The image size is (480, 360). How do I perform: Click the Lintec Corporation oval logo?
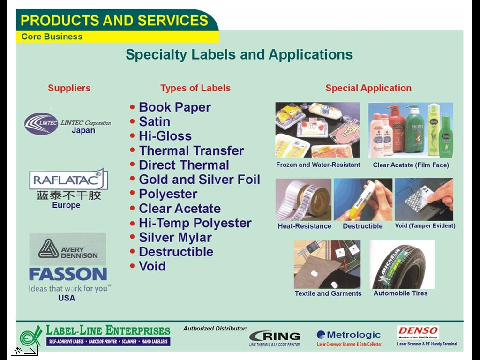tap(41, 123)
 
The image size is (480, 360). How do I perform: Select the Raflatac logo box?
tap(68, 180)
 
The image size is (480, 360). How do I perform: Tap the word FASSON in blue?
tap(68, 274)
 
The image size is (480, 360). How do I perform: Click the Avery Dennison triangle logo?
tap(48, 248)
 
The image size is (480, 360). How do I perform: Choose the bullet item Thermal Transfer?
tap(191, 151)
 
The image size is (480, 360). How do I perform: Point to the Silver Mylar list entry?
tap(175, 238)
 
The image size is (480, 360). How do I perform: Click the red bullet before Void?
tap(133, 266)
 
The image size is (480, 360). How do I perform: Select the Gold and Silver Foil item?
tap(199, 180)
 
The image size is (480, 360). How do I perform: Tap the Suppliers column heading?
tap(69, 88)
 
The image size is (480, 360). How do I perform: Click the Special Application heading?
tap(368, 88)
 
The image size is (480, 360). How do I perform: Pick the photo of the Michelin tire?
tap(402, 265)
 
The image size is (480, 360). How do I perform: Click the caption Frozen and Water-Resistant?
tap(318, 165)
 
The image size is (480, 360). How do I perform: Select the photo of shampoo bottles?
tap(411, 130)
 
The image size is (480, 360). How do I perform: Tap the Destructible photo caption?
tap(362, 226)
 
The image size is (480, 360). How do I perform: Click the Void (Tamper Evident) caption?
tap(425, 226)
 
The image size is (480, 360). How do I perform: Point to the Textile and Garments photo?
tap(327, 265)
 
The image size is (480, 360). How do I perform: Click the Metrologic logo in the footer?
tap(349, 335)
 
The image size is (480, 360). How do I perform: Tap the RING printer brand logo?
tap(275, 336)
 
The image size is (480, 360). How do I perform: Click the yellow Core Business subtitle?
tap(52, 37)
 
